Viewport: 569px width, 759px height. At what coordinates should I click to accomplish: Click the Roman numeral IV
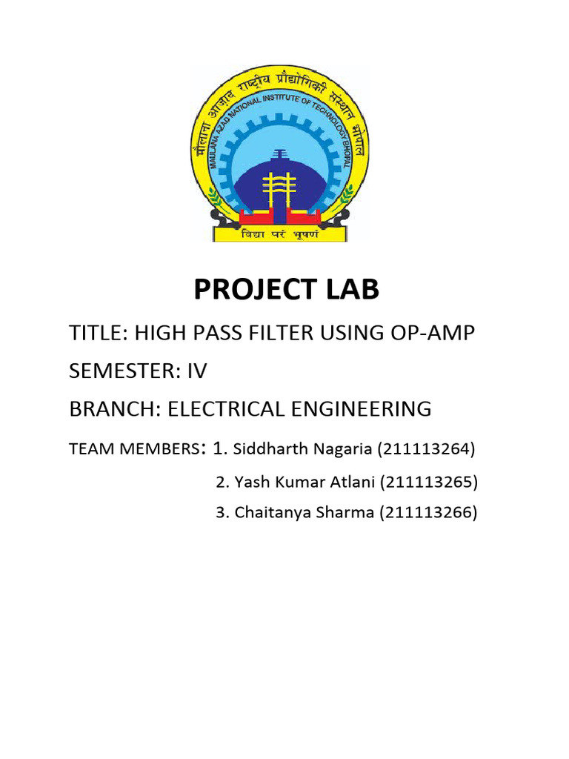[x=198, y=371]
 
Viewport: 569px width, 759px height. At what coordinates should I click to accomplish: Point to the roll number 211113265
[x=430, y=482]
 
